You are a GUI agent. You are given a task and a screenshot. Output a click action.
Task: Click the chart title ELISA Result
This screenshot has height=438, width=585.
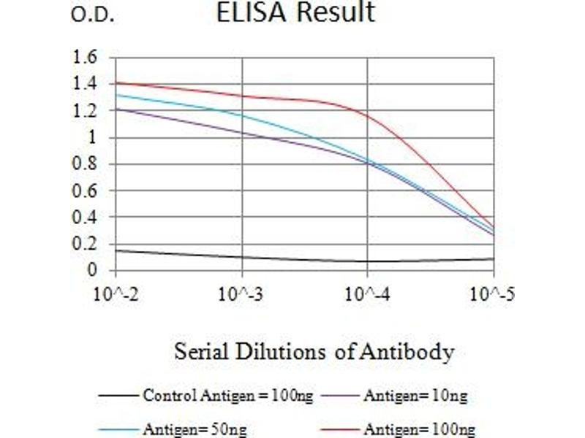tap(295, 12)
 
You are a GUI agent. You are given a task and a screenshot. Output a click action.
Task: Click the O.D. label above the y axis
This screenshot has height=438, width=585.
tap(92, 16)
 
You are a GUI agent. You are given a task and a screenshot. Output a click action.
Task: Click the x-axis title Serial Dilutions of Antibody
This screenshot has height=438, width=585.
tap(314, 352)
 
